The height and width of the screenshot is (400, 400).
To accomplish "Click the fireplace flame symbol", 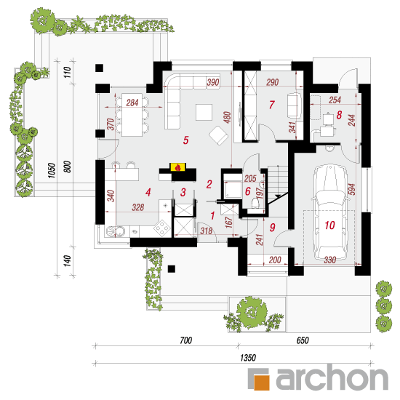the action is click(x=178, y=167).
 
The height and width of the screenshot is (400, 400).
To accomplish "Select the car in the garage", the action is click(x=330, y=212).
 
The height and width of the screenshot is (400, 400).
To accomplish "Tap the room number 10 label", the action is click(x=329, y=225).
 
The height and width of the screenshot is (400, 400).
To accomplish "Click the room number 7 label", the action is click(x=272, y=105).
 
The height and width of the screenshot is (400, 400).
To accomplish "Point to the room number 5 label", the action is click(x=185, y=140).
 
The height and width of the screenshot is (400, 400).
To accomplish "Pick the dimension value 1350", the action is click(x=248, y=358).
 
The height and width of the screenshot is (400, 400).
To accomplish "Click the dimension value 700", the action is click(x=185, y=340).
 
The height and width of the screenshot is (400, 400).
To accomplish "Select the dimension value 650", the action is click(x=303, y=340).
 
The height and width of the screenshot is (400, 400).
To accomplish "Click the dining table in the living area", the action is click(x=132, y=115).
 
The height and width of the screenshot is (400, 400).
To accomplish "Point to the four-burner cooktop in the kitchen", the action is click(x=162, y=228).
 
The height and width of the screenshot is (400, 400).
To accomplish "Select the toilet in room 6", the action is click(x=255, y=204).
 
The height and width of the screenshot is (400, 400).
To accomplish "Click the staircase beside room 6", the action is click(x=278, y=184).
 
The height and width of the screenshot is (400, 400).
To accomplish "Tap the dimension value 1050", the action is click(x=52, y=170).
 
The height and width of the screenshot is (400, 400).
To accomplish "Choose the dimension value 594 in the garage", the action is click(x=352, y=189).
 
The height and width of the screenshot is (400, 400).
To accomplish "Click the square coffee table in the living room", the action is click(x=204, y=112).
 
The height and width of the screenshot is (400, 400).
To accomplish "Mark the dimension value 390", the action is click(x=213, y=82).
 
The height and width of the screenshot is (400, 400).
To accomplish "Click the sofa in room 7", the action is click(x=294, y=105).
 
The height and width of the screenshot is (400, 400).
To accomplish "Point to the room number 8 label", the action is click(x=339, y=115).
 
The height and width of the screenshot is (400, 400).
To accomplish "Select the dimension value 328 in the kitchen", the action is click(x=138, y=207).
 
